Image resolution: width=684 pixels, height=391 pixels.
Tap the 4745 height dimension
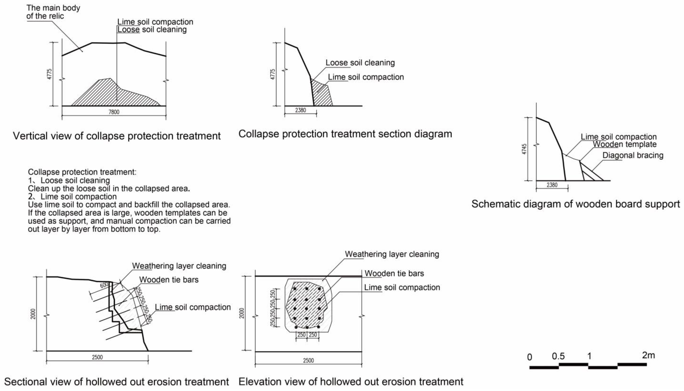(x=524, y=149)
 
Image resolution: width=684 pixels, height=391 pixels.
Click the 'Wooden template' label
(x=625, y=144)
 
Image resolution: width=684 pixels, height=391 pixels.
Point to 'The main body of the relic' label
(x=53, y=12)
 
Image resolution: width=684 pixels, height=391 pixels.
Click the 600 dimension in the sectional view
(x=104, y=285)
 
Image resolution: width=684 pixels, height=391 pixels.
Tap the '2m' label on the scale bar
(x=648, y=355)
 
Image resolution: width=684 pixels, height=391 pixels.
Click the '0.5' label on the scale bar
(x=558, y=356)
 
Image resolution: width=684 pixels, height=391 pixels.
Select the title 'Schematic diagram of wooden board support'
(x=575, y=204)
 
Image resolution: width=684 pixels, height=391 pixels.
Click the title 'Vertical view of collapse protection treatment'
(x=117, y=136)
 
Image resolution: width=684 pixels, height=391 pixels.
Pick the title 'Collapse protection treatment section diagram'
(x=345, y=134)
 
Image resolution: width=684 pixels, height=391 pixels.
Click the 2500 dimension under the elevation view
(x=308, y=360)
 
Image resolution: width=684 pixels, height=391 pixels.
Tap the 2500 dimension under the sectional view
(x=97, y=357)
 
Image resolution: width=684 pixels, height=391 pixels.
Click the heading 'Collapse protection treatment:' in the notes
(x=82, y=172)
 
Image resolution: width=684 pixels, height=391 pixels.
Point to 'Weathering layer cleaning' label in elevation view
(x=392, y=254)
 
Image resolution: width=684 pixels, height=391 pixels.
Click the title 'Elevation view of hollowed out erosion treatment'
(x=351, y=382)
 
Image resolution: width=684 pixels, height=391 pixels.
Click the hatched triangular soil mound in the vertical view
(x=113, y=94)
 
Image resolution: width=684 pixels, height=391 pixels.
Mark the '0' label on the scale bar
(x=529, y=357)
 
